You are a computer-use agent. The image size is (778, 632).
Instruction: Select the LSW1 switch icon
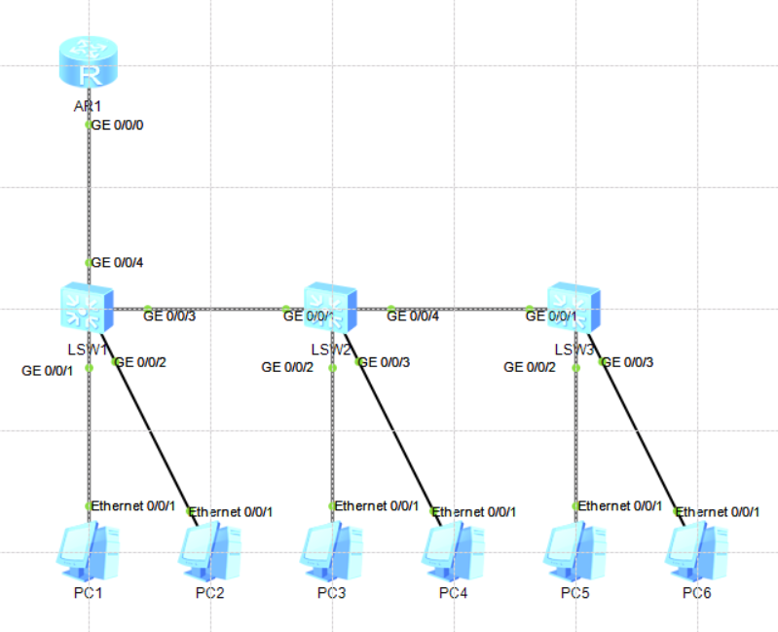pos(88,309)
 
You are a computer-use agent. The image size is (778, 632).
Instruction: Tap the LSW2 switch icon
pos(331,309)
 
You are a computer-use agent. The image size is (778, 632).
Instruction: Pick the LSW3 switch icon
pos(574,309)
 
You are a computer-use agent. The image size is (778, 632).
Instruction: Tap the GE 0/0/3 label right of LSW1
pos(169,315)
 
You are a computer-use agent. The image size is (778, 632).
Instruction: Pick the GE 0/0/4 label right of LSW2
pos(413,315)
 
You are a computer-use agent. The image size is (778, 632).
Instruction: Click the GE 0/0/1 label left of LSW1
pos(47,371)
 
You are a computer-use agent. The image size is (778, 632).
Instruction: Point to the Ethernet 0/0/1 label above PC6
pos(717,512)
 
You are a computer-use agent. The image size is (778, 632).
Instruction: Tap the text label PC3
pos(331,593)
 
